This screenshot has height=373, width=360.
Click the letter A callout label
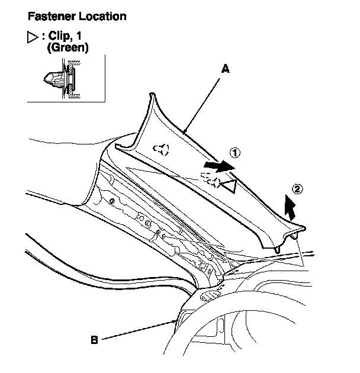[225, 69]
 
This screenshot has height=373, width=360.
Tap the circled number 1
[235, 153]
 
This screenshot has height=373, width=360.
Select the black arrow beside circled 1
[216, 165]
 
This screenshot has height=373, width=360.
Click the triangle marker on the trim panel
[230, 186]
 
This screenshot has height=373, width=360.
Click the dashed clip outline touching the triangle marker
[211, 179]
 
